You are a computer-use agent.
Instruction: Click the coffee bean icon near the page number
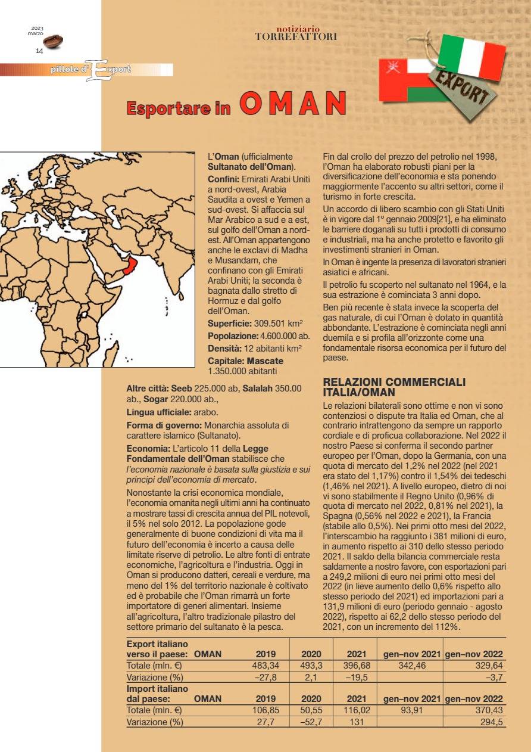52,41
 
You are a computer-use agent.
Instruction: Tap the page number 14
39,51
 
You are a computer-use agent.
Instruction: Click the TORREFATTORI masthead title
296,36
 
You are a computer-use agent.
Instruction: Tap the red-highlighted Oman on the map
129,267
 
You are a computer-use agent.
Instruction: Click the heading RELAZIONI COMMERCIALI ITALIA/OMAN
393,387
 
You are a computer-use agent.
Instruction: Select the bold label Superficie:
229,324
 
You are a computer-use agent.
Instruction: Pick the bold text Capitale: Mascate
245,361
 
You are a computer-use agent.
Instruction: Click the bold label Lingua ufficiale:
157,412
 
